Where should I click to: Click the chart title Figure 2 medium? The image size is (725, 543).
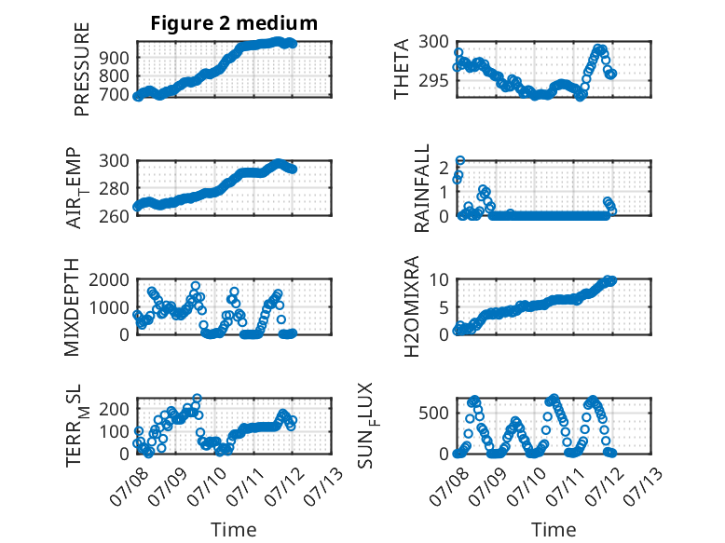coord(234,23)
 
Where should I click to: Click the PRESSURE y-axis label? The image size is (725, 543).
coord(81,69)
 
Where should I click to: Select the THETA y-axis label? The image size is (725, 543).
coord(402,69)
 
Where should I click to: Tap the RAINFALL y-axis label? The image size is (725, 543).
coord(422,188)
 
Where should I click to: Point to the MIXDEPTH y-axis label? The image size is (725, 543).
coord(72,307)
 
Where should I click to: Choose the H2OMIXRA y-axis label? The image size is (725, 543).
coord(411,306)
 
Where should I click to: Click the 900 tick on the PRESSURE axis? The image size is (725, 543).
coord(116,59)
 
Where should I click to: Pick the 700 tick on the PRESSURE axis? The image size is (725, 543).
coord(116,95)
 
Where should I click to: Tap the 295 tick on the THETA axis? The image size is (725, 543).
coord(433,81)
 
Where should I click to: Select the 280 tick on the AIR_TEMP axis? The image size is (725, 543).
coord(116,188)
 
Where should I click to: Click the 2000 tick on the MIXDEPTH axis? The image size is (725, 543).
coord(109,279)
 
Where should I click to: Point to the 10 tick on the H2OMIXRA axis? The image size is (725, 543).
coord(439,279)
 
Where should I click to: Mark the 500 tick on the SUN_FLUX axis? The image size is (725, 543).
coord(433,414)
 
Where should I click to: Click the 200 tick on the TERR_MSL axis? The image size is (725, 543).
coord(116,409)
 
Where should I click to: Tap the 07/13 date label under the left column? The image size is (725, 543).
coord(324,486)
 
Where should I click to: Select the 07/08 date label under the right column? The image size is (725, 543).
coord(448,486)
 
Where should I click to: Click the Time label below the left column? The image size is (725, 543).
coord(234,529)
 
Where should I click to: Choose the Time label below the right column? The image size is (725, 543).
coord(554,529)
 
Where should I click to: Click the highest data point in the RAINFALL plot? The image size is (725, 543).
coord(460,161)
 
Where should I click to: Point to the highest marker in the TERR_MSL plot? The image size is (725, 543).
coord(197,398)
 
